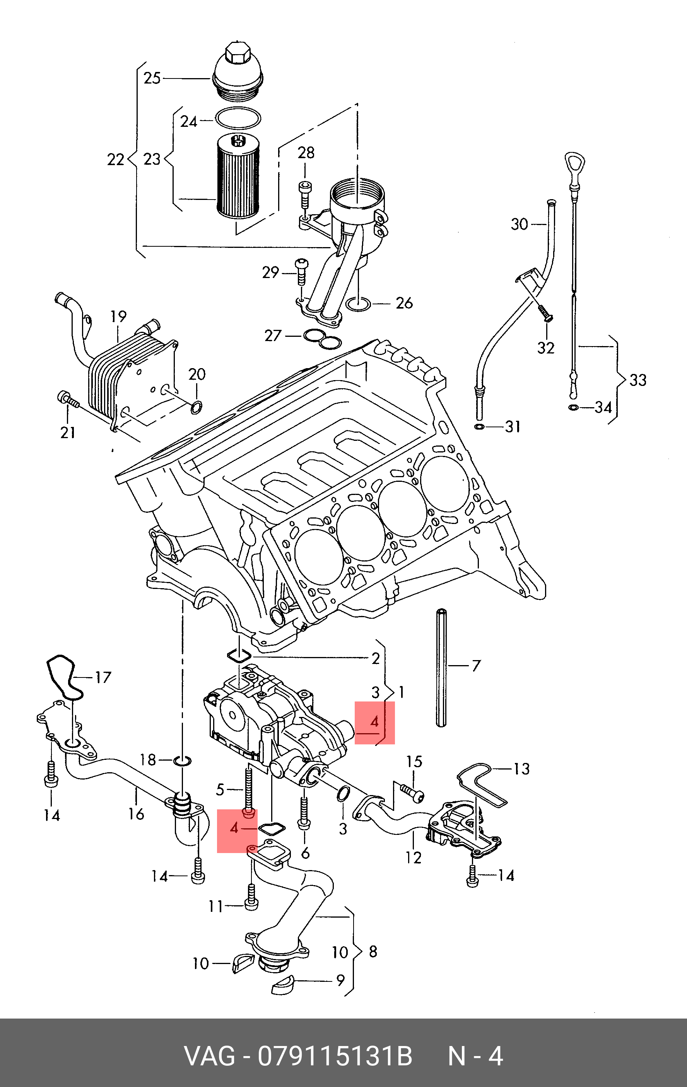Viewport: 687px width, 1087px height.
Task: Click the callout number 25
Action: pos(152,78)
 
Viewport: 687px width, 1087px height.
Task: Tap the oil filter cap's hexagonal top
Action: pos(235,54)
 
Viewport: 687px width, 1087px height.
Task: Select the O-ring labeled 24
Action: pos(238,118)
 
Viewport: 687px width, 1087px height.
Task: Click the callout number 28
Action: pos(306,153)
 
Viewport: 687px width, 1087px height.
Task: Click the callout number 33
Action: pos(638,380)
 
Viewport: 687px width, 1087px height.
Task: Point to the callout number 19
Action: pos(118,316)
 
